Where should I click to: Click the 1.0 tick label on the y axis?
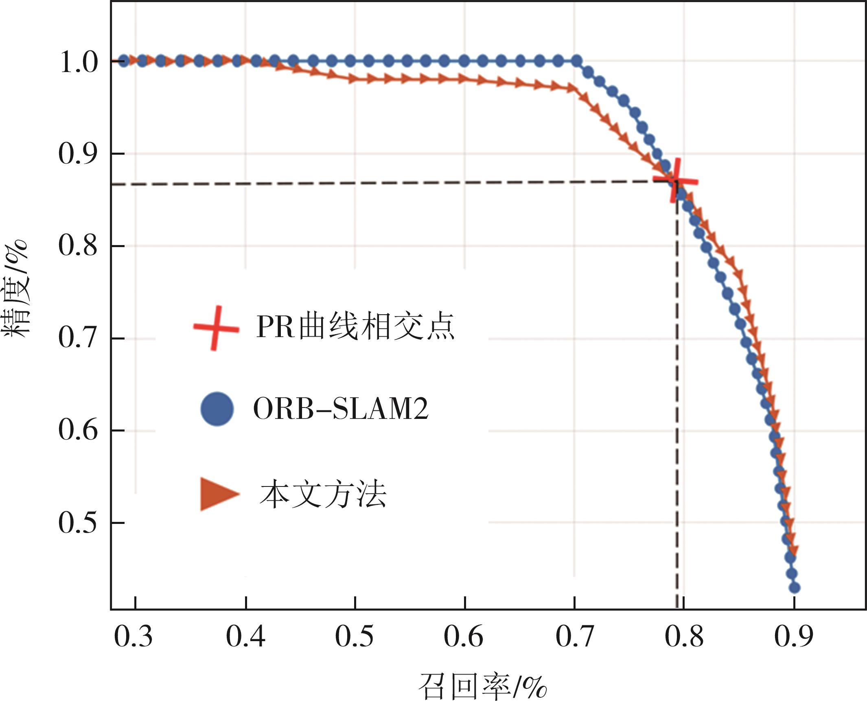(x=79, y=62)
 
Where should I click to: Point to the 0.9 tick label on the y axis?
(x=79, y=154)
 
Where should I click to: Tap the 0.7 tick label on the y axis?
(x=79, y=338)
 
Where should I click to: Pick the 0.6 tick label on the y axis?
(x=79, y=430)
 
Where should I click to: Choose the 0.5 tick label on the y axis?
(x=79, y=523)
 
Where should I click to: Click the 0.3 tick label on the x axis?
(x=134, y=637)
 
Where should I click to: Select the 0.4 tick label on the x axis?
(x=245, y=637)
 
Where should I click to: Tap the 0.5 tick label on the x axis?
(x=355, y=637)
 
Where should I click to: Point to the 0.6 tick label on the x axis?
(x=464, y=637)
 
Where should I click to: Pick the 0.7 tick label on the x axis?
(x=574, y=637)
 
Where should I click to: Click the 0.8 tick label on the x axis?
(x=684, y=637)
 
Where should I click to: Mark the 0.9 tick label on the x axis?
(x=793, y=637)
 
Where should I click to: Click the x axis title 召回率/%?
(x=482, y=686)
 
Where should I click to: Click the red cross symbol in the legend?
(x=216, y=328)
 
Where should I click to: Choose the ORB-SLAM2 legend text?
(x=341, y=409)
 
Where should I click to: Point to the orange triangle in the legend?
(x=218, y=494)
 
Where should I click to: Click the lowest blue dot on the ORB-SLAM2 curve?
(x=795, y=588)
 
